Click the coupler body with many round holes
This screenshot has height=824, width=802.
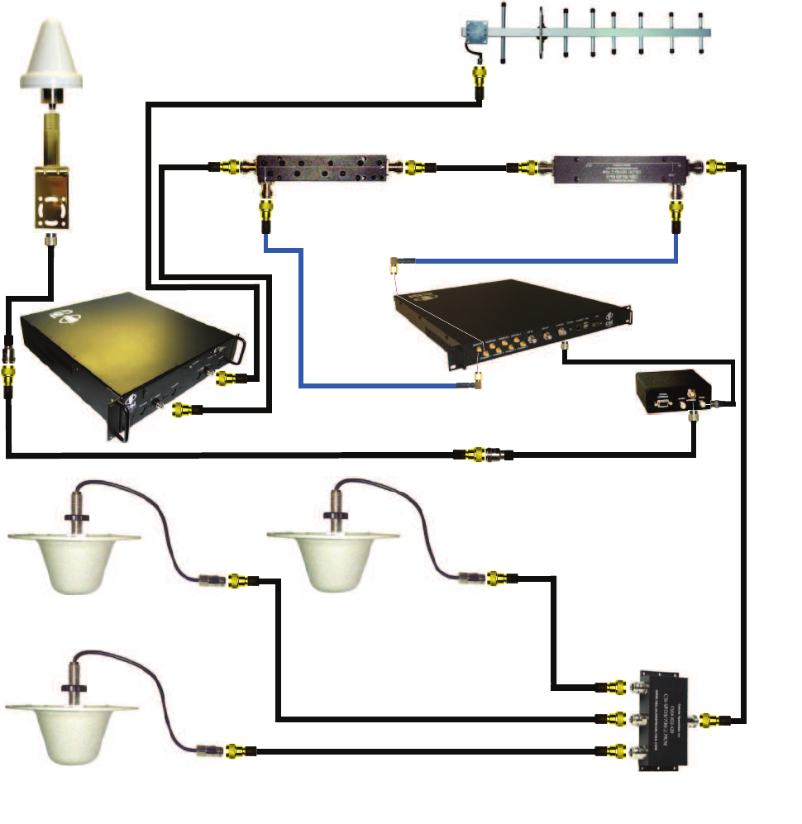[330, 170]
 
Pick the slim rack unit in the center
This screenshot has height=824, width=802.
[513, 322]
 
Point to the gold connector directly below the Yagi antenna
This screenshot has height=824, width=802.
[479, 82]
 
